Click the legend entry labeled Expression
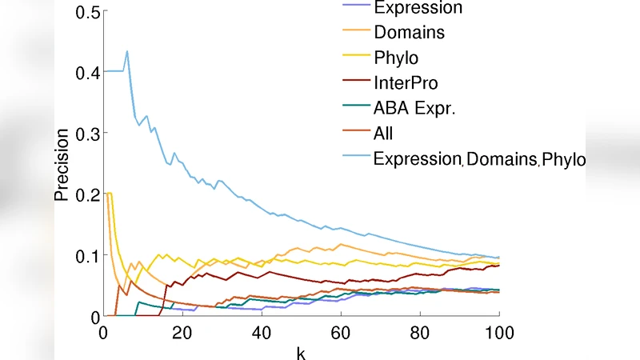point(418,8)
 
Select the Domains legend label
point(409,33)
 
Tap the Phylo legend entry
point(396,58)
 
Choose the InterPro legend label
point(406,82)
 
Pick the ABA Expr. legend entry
point(414,108)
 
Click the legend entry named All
point(383,134)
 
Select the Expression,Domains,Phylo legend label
point(479,158)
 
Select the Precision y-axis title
point(63,164)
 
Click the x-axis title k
point(302,351)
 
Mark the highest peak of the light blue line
point(126,51)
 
